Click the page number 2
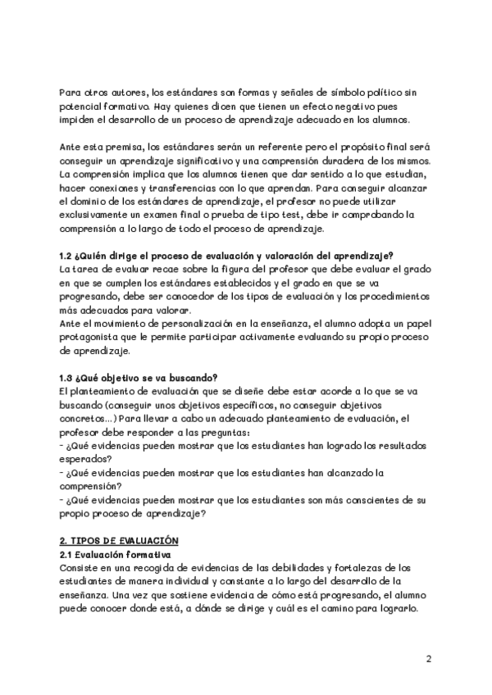pos(429,659)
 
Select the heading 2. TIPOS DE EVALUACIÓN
pos(119,543)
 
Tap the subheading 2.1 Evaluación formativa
pos(112,556)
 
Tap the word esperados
pos(87,459)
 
